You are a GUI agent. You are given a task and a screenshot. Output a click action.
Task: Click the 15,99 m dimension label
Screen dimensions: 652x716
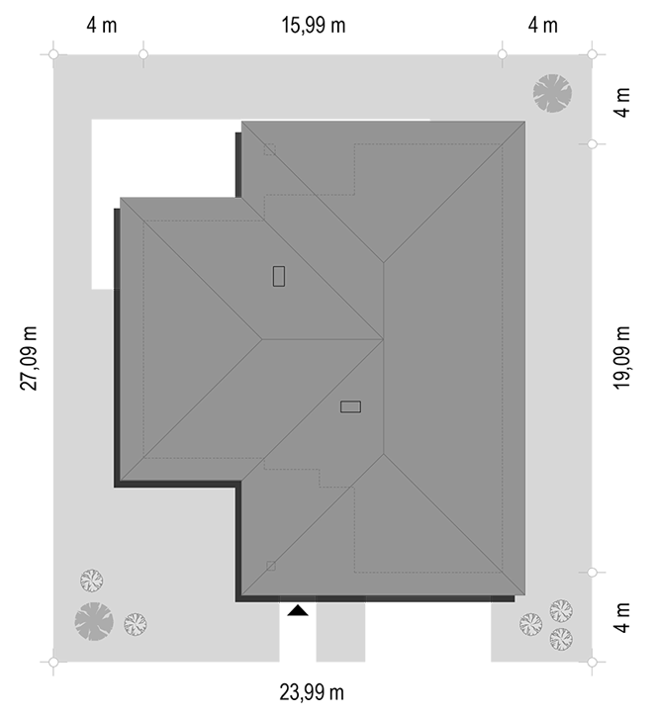[x=313, y=25]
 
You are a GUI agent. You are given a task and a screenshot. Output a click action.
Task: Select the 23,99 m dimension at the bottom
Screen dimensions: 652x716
[x=312, y=692]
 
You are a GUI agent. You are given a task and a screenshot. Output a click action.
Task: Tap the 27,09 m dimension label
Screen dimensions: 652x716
[x=29, y=358]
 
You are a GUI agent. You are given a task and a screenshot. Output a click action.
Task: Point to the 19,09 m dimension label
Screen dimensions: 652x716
[x=621, y=358]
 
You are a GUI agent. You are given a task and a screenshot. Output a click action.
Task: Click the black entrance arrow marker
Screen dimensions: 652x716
[x=298, y=610]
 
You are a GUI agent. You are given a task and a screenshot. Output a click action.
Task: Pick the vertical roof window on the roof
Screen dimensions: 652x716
[x=279, y=276]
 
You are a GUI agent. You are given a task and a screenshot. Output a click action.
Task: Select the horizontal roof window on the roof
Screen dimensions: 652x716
[x=350, y=406]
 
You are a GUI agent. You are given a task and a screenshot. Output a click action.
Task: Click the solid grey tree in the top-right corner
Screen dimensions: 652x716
[x=552, y=93]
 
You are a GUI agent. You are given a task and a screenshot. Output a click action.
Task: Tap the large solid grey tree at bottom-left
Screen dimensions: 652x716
[x=94, y=621]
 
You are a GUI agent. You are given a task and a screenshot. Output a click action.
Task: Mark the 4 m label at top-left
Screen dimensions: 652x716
[x=102, y=25]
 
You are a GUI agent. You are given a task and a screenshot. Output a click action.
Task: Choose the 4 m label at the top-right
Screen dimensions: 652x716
[x=543, y=25]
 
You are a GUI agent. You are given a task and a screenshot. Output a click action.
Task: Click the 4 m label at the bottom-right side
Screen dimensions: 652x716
[x=622, y=618]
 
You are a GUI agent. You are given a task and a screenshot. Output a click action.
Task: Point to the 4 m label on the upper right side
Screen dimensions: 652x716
[x=622, y=103]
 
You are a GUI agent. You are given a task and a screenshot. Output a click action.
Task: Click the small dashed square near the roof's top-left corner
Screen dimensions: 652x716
[x=269, y=149]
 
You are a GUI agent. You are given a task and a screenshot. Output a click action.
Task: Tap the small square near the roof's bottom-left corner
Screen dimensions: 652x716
[x=271, y=566]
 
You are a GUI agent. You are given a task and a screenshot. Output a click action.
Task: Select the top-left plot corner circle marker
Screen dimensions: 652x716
[x=53, y=54]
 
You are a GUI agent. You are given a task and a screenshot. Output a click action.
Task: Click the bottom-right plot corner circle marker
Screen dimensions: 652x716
[x=592, y=662]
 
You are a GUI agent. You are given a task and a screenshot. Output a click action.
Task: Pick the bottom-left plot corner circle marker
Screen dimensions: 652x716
[x=53, y=662]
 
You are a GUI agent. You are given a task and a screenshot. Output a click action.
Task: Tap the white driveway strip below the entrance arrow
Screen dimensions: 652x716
[x=298, y=637]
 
